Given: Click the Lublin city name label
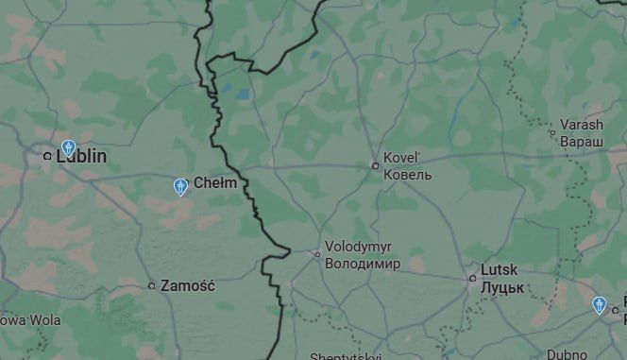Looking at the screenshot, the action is click(x=81, y=156).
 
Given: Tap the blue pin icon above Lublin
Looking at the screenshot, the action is click(x=68, y=147).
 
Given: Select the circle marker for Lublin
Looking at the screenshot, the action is click(x=47, y=156).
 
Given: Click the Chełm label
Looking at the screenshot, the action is click(x=214, y=182).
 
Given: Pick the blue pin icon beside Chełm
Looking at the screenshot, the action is click(x=180, y=187).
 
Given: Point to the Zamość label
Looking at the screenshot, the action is click(x=188, y=284).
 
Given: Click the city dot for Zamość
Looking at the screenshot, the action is click(x=151, y=285).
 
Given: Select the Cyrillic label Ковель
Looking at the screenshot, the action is click(x=407, y=175).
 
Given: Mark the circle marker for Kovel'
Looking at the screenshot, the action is click(x=375, y=165).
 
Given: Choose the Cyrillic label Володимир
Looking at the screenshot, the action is click(x=363, y=264).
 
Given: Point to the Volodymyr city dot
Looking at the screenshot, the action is click(x=317, y=253).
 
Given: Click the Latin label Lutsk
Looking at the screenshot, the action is click(x=499, y=269).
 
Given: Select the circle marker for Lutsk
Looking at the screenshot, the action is click(x=472, y=278).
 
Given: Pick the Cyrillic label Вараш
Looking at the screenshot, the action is click(x=581, y=141).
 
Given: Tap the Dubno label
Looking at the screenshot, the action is click(x=567, y=355).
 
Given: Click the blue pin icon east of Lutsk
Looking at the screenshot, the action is click(x=598, y=304).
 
